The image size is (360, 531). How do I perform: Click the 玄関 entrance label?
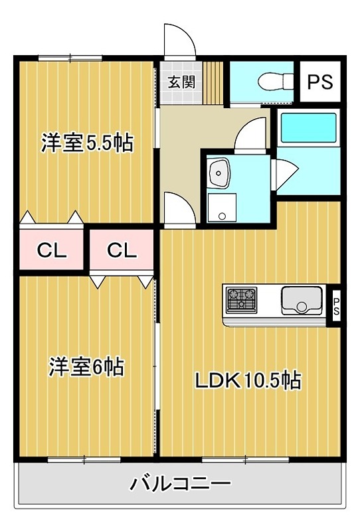click(x=180, y=82)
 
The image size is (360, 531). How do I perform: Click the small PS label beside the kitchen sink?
click(x=336, y=307)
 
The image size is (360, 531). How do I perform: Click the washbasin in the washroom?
click(x=219, y=173)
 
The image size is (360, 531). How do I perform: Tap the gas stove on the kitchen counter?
click(x=240, y=301)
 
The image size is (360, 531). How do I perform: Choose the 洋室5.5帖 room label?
click(x=87, y=143)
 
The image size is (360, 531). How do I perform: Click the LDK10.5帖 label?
click(x=248, y=380)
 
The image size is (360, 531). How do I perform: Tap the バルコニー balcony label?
click(x=180, y=483)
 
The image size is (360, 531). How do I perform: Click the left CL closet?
click(x=51, y=250)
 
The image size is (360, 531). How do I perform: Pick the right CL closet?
click(x=122, y=250)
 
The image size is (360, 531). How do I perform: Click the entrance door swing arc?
click(x=179, y=43)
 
